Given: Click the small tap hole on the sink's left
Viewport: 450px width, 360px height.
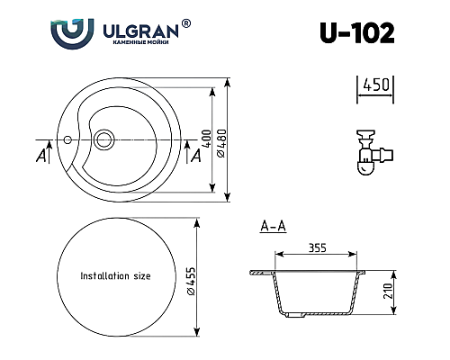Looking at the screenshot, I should (x=67, y=139).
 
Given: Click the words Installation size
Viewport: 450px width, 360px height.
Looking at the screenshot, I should (x=115, y=276).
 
